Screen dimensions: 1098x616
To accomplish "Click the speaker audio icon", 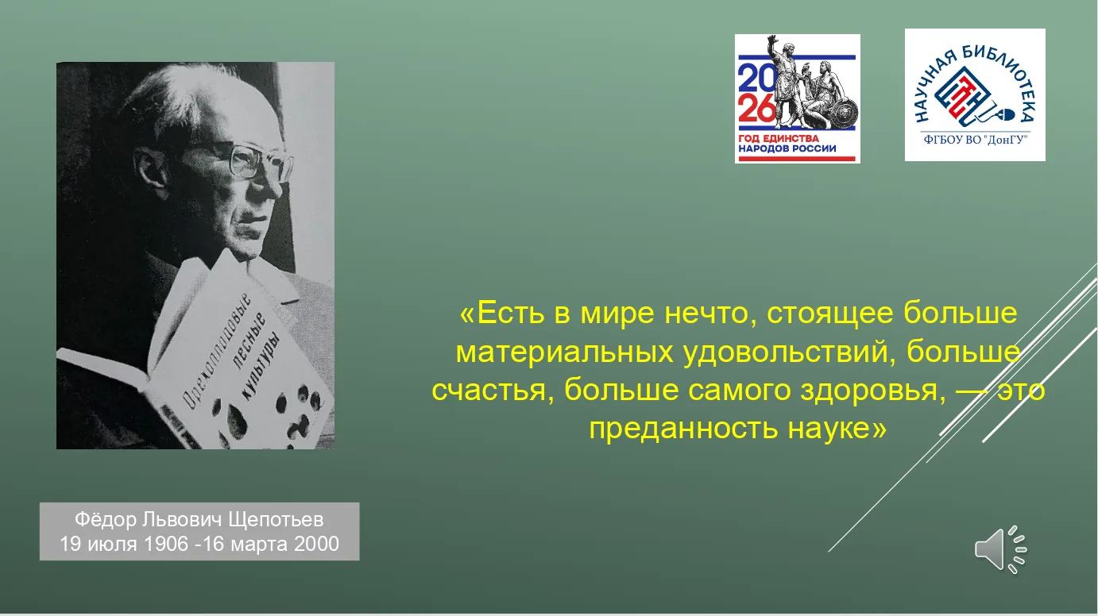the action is pos(1000,549).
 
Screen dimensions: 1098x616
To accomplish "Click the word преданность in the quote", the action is pos(683,429).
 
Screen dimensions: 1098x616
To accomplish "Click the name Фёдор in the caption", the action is pos(106,519).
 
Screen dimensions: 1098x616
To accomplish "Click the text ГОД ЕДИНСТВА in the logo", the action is pos(779,139).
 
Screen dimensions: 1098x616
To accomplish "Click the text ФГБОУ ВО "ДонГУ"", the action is pos(975,140).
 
